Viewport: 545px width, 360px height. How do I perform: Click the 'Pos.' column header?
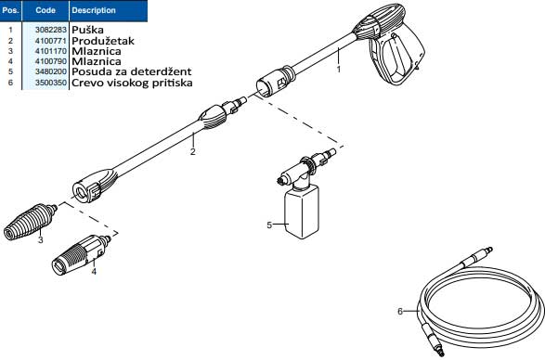pos(10,10)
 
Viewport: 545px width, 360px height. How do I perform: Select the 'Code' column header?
pos(45,10)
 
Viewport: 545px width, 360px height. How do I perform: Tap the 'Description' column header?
pos(94,10)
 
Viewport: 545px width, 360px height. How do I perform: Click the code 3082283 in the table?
pos(51,30)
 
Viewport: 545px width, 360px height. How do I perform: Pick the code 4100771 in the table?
pos(51,41)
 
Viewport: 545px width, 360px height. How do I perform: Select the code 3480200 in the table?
pos(51,71)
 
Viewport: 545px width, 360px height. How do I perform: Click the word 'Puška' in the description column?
pos(87,30)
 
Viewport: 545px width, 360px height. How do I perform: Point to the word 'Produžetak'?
pos(103,41)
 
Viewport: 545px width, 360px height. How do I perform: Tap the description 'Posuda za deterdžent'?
pos(132,71)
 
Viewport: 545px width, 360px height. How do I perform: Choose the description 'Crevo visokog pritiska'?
pos(132,83)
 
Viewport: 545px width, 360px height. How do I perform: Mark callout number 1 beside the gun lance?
pos(339,70)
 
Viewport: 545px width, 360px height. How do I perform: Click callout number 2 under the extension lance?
pos(193,151)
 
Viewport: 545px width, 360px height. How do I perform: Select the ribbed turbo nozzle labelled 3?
pos(31,222)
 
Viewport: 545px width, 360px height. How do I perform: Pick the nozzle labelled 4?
pos(81,255)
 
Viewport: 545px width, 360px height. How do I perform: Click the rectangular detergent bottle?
pos(302,212)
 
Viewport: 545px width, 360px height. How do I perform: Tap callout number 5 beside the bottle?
pos(269,225)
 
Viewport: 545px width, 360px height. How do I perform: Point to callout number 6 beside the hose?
pos(400,312)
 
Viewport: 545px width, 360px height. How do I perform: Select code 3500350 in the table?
pos(51,83)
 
